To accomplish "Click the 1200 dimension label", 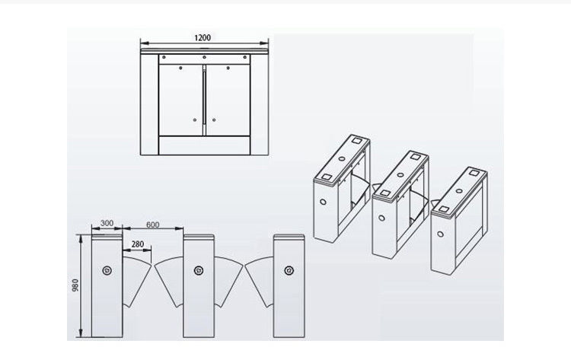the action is pyautogui.click(x=203, y=37).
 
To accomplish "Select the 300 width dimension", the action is pyautogui.click(x=107, y=223).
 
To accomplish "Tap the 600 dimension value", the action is pyautogui.click(x=152, y=225).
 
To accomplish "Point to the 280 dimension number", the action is pyautogui.click(x=137, y=244).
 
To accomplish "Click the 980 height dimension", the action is pyautogui.click(x=75, y=285).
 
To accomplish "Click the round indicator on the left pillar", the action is pyautogui.click(x=107, y=270).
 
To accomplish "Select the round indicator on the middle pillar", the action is pyautogui.click(x=198, y=270).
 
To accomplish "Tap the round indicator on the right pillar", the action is pyautogui.click(x=289, y=270).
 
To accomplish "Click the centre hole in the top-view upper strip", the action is pyautogui.click(x=204, y=57).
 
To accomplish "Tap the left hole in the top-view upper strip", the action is pyautogui.click(x=164, y=57).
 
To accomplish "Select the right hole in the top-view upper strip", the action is pyautogui.click(x=245, y=57).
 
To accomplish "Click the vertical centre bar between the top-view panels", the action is pyautogui.click(x=204, y=100).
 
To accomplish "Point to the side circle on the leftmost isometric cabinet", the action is pyautogui.click(x=323, y=202).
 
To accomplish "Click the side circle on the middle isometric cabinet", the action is pyautogui.click(x=381, y=218).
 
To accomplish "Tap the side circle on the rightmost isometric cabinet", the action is pyautogui.click(x=441, y=234).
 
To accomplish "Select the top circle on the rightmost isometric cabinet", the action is pyautogui.click(x=459, y=191).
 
